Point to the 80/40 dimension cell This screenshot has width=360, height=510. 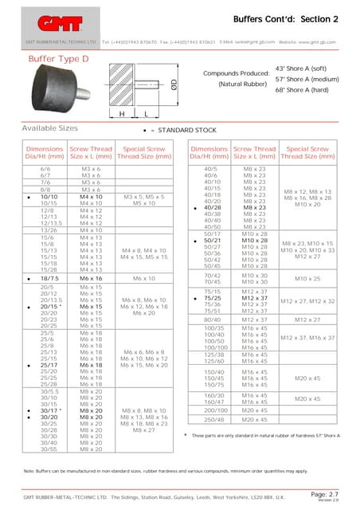(x=211, y=319)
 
